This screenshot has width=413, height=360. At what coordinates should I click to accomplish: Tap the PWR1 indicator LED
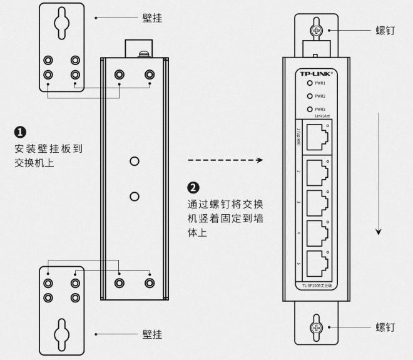pyautogui.click(x=308, y=83)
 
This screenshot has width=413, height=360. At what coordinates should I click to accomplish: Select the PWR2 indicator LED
pyautogui.click(x=308, y=96)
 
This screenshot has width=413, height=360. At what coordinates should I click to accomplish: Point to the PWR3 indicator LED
pyautogui.click(x=308, y=109)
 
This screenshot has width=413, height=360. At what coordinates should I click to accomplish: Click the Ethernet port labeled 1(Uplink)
pyautogui.click(x=317, y=136)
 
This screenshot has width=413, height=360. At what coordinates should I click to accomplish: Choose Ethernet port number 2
pyautogui.click(x=317, y=171)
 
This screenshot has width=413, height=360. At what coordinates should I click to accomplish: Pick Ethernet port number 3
pyautogui.click(x=317, y=201)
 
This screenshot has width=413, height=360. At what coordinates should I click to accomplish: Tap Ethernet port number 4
pyautogui.click(x=317, y=232)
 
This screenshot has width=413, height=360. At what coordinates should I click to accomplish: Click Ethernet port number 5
pyautogui.click(x=317, y=262)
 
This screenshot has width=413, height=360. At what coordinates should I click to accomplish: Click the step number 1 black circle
pyautogui.click(x=20, y=132)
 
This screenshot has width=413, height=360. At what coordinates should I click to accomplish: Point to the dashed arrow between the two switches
pyautogui.click(x=225, y=160)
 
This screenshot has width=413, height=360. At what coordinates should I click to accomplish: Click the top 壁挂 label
pyautogui.click(x=152, y=18)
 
